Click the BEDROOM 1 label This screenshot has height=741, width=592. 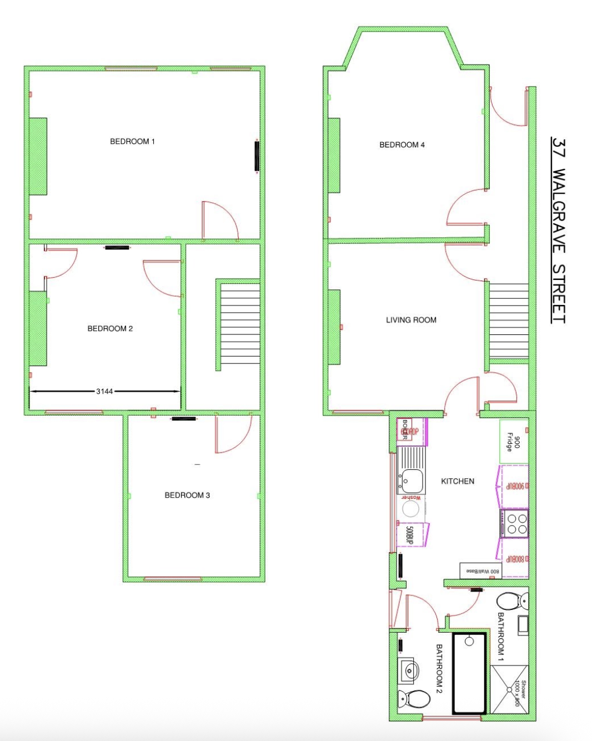point(132,142)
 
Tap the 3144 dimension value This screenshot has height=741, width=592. point(104,392)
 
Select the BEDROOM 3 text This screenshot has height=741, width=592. point(187,495)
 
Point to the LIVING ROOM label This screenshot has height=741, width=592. point(411,320)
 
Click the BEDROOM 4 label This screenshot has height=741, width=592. point(402,145)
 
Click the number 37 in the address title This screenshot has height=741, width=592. point(559,148)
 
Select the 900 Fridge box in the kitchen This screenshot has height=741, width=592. point(513,442)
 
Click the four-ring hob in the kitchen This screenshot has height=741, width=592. point(514,523)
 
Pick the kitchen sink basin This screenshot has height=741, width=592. point(412,479)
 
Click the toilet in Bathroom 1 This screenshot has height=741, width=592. point(511,601)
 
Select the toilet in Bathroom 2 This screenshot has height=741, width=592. point(414,698)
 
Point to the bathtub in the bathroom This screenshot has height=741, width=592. point(469,673)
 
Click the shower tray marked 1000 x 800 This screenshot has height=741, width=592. point(509,689)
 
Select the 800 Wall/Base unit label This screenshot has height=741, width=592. point(481,570)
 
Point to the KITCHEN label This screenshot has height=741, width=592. point(458,482)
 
